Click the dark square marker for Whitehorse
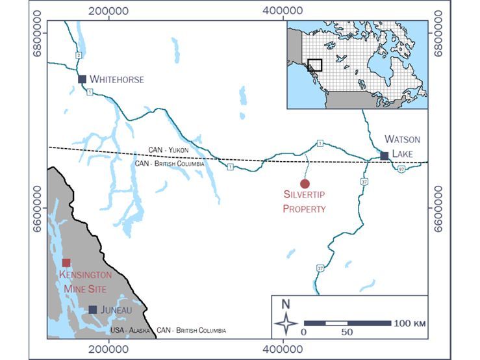coord(82,79)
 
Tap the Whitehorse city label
coord(117,79)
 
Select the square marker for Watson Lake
coord(385,156)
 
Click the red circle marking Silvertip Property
coord(305,184)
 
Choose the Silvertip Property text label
coord(304,201)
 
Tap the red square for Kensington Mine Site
coord(66,263)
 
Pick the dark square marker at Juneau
coord(93,310)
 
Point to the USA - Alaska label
coord(131,331)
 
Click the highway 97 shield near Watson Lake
coord(401,170)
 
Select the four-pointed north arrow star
coord(286,323)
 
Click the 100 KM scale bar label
coord(409,323)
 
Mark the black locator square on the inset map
coord(314,66)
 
